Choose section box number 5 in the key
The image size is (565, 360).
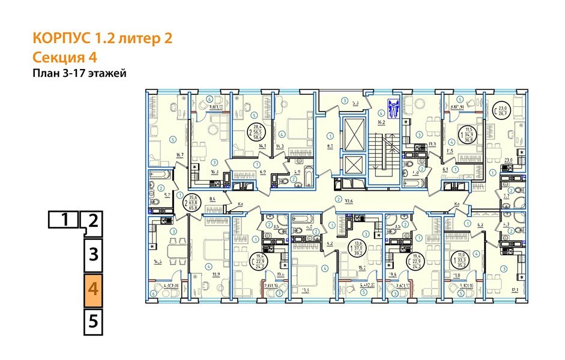[x=93, y=321]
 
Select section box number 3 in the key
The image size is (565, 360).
[x=93, y=254]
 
